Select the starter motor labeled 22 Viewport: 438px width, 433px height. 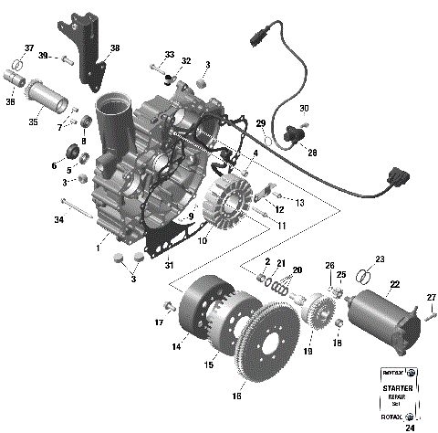point(384,312)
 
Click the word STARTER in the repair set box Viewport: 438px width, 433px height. point(400,388)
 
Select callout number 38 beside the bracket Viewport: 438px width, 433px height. point(115,48)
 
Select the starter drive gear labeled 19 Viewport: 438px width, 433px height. point(319,322)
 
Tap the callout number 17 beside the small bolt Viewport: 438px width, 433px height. point(159,322)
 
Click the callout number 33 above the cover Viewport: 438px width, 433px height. point(169,55)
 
